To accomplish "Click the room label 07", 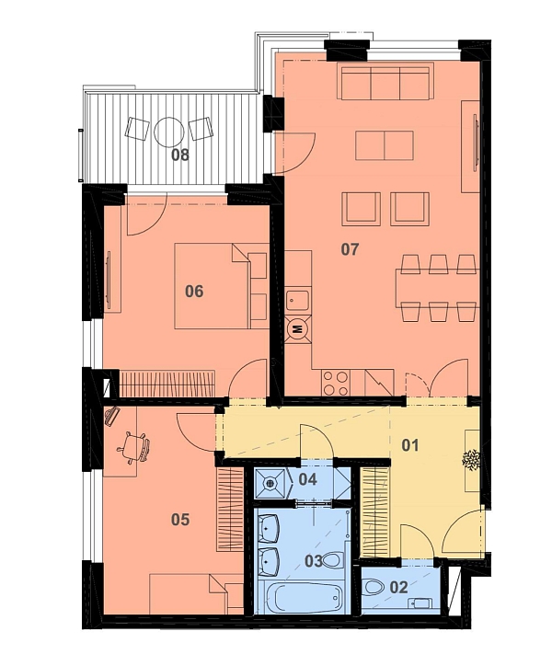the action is (x=350, y=249).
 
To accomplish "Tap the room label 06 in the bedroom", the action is (x=194, y=292).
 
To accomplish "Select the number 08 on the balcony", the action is (x=180, y=155).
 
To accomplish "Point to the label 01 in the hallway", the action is (x=410, y=445).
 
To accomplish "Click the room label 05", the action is (x=180, y=520).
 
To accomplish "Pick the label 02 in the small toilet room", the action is (x=398, y=588).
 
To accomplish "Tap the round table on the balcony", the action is (x=168, y=132).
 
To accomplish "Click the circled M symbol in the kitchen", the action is (x=298, y=328).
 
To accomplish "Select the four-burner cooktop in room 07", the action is (x=336, y=383).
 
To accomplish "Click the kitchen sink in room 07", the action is (x=298, y=300).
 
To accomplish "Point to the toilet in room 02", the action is (x=374, y=587).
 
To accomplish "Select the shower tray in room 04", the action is (x=271, y=483).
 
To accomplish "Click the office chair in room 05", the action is (x=134, y=447).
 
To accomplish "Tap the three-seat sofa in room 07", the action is (x=385, y=82).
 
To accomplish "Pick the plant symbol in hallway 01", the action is (x=472, y=460).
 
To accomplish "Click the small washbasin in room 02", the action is (x=420, y=603).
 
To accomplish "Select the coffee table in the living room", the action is (x=385, y=145).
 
